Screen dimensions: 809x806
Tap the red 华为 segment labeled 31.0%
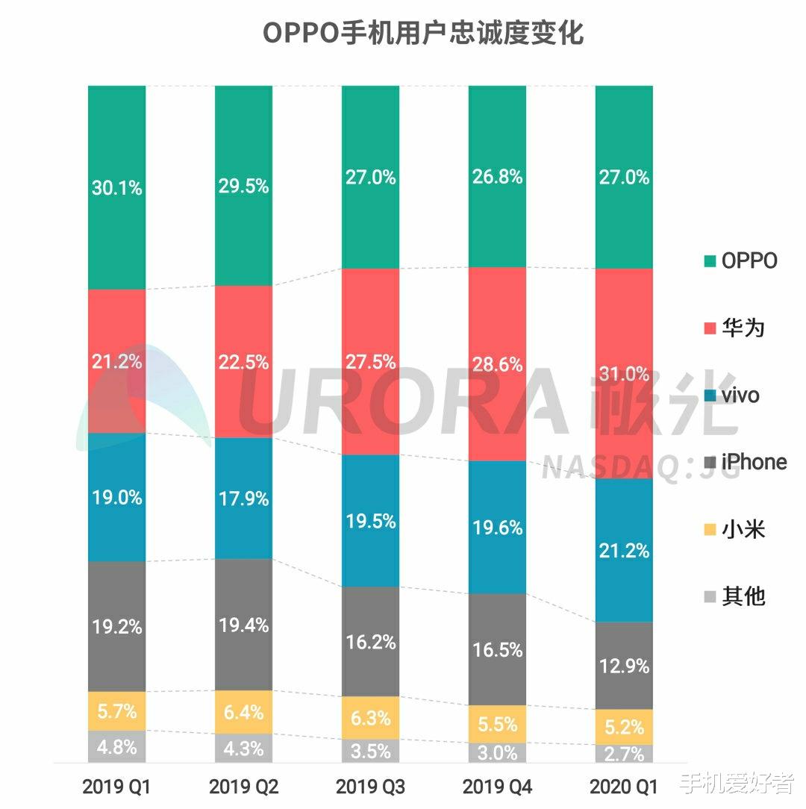click(624, 373)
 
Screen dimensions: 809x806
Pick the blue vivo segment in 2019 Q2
click(243, 498)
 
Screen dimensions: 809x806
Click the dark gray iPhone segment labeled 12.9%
click(624, 665)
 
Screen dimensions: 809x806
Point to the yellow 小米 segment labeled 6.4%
click(243, 712)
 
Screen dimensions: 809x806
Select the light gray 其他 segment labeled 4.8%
click(116, 746)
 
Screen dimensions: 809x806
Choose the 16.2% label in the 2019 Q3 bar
click(371, 641)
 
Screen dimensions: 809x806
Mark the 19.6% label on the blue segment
click(497, 528)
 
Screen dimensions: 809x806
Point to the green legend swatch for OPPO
click(710, 261)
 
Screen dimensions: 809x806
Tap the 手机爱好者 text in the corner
click(738, 784)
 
